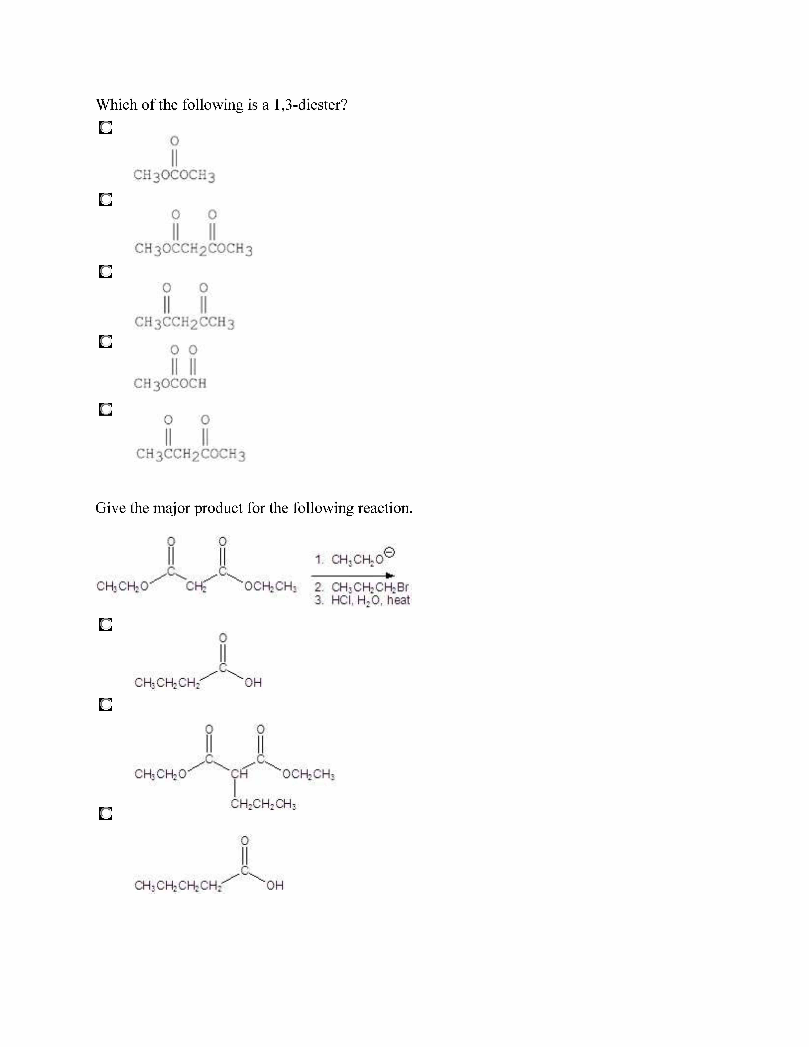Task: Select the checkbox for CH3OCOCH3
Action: (x=106, y=128)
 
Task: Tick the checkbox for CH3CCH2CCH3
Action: (x=106, y=271)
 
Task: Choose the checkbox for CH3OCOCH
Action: (x=106, y=341)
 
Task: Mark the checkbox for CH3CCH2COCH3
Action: (x=106, y=409)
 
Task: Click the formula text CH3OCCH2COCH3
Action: (x=194, y=249)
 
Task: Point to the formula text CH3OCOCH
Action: (x=170, y=384)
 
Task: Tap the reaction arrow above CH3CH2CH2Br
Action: (x=353, y=576)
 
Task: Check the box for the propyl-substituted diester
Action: (x=106, y=704)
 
